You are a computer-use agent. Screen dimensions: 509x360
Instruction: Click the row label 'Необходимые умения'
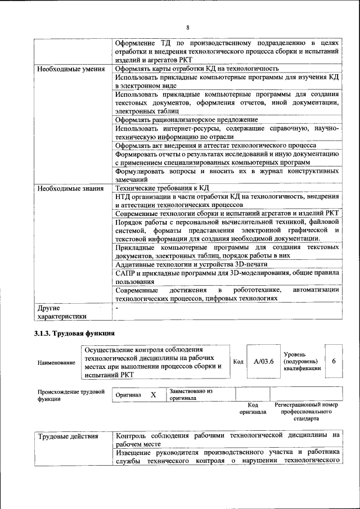click(x=70, y=69)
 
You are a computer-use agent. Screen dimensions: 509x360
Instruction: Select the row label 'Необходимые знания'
click(x=69, y=188)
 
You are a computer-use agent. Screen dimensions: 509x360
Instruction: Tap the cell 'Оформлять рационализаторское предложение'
click(x=186, y=120)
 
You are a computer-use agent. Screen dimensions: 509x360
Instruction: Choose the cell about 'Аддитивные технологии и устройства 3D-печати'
click(x=191, y=264)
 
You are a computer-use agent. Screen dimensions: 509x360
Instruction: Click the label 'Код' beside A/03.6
click(x=238, y=362)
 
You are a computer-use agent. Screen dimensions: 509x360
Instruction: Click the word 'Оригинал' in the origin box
click(x=128, y=395)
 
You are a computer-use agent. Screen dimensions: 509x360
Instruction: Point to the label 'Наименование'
click(x=56, y=363)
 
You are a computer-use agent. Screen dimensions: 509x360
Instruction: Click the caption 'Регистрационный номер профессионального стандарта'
click(x=306, y=412)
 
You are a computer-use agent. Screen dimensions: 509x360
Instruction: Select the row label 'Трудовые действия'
click(x=68, y=436)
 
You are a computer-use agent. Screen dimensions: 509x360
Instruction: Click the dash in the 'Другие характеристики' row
click(x=116, y=309)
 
